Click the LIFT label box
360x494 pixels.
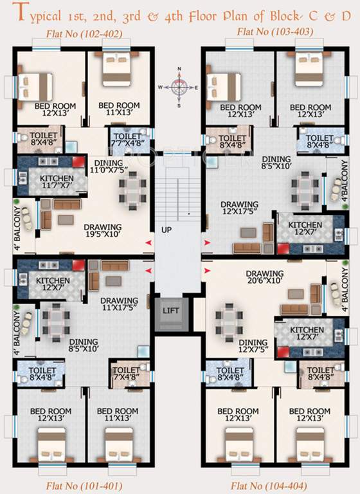[x=170, y=311]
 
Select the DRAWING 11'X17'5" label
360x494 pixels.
[x=119, y=304]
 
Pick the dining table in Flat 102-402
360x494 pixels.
[x=132, y=190]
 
